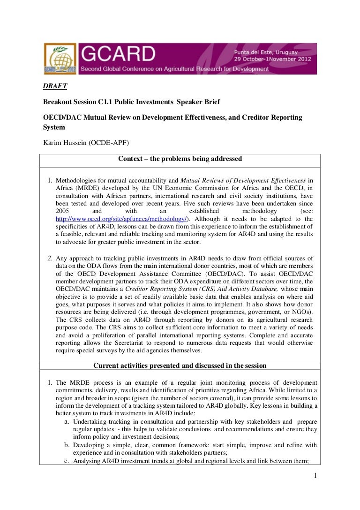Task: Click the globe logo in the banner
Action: pos(60,58)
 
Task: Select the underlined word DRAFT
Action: pos(55,86)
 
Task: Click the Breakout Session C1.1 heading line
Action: pos(132,101)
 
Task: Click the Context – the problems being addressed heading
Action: pos(180,159)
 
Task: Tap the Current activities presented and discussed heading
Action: pos(180,365)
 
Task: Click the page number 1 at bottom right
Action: pos(316,476)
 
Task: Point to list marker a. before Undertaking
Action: pos(67,422)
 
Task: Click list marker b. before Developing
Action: pos(67,445)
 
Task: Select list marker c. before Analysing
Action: pos(67,460)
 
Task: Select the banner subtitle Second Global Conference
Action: pos(174,69)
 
